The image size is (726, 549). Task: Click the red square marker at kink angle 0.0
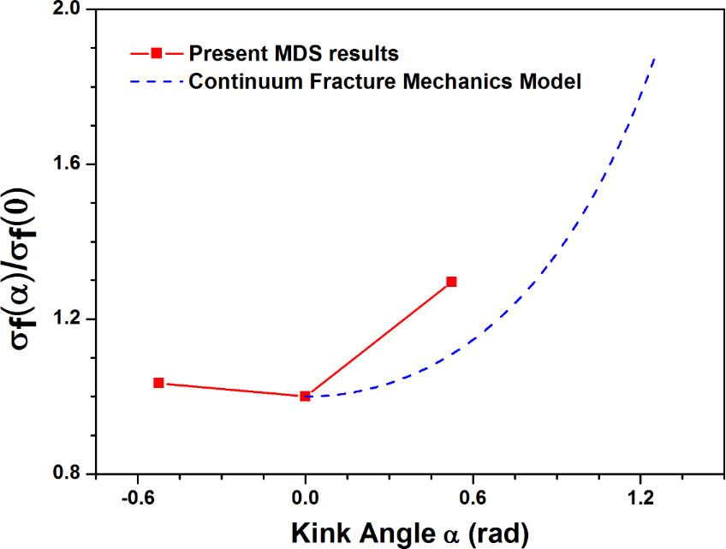(305, 396)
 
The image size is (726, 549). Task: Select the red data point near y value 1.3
(451, 282)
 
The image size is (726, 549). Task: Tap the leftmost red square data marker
(158, 383)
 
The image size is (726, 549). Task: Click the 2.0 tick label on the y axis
(68, 10)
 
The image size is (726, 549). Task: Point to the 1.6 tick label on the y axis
(68, 164)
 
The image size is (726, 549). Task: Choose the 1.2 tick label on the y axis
(68, 319)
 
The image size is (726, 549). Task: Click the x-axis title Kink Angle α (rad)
(410, 533)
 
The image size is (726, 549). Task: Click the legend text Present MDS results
(294, 53)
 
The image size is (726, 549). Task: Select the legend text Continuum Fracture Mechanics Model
(385, 82)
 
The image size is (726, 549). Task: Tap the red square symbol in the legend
(156, 53)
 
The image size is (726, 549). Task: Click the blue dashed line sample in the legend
(156, 82)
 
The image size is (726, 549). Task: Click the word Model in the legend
(556, 82)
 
